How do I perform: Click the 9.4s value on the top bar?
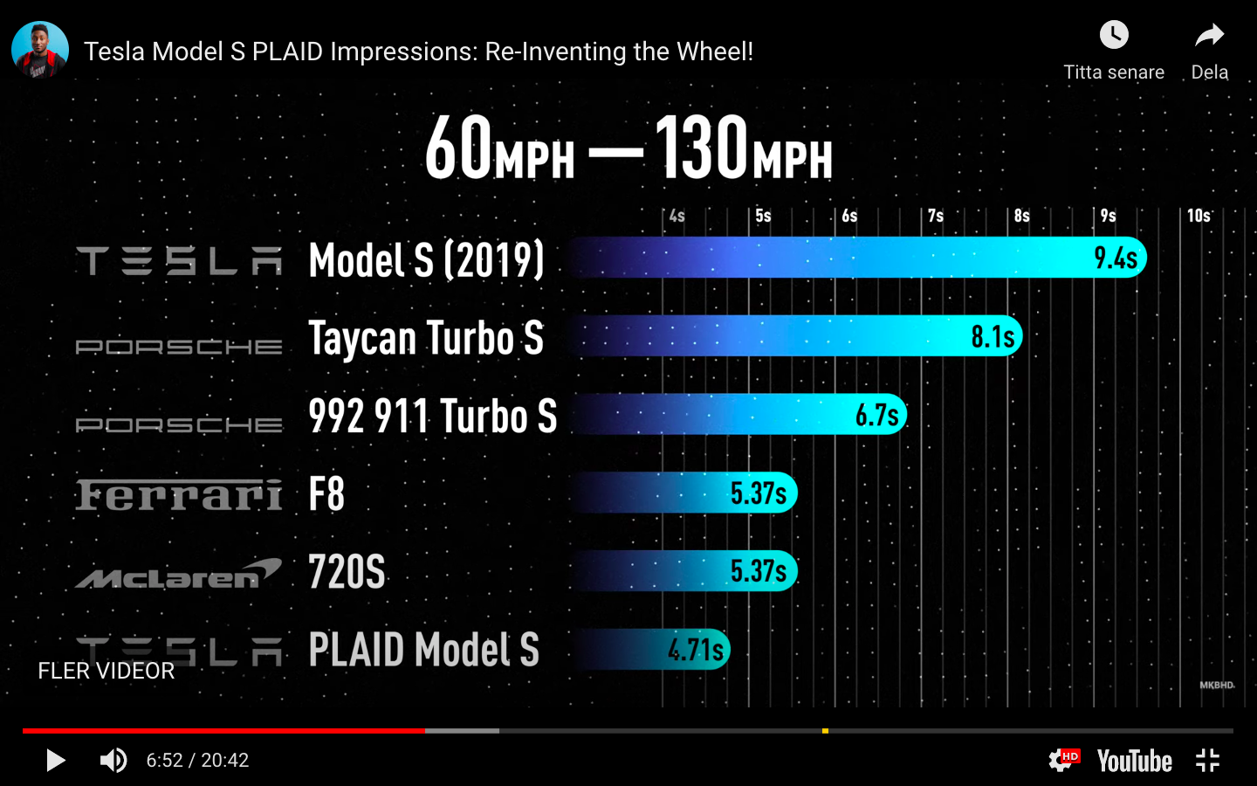click(x=1115, y=258)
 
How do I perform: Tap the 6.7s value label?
click(x=876, y=415)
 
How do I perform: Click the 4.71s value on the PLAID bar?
click(x=696, y=650)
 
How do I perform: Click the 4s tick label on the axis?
click(x=677, y=216)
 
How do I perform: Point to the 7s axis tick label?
click(x=936, y=216)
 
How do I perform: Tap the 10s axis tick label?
click(x=1199, y=216)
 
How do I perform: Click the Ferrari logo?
click(x=179, y=494)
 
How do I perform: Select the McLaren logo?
click(x=179, y=573)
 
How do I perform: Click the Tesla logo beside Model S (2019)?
click(x=179, y=260)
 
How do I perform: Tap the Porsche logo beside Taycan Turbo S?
click(x=179, y=347)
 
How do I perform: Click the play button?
click(x=56, y=761)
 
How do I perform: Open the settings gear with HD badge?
click(x=1061, y=760)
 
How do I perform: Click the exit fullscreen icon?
click(x=1207, y=761)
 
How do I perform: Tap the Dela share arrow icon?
click(x=1210, y=36)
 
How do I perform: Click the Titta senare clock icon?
click(x=1114, y=36)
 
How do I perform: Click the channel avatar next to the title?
click(x=40, y=50)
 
